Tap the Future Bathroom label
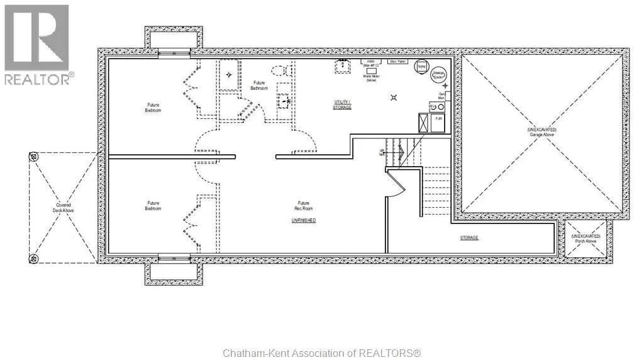[259, 86]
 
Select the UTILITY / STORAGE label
[342, 104]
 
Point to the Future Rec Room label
[304, 206]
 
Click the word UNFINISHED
[303, 220]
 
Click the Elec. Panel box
[397, 62]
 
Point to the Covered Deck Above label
[64, 208]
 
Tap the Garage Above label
[541, 133]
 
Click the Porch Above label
[586, 239]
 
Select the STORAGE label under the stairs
[469, 238]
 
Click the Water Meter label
[370, 77]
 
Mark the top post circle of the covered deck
[34, 156]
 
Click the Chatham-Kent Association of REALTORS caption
[321, 353]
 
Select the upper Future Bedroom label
[153, 108]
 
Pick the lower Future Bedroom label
[153, 206]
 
